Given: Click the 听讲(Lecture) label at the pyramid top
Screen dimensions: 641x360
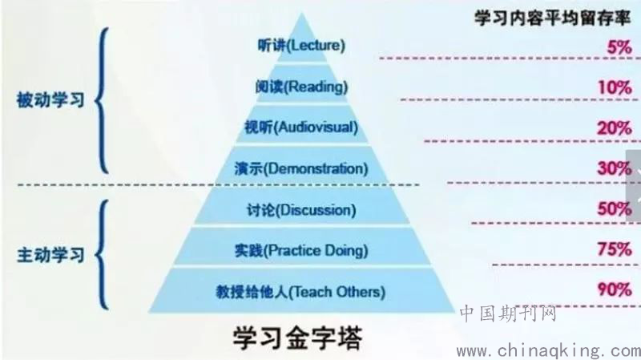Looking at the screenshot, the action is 301,46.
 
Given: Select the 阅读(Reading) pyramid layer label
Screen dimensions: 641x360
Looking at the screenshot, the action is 302,87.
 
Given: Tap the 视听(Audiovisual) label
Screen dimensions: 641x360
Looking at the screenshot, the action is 301,127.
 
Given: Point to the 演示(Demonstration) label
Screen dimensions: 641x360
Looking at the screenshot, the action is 301,168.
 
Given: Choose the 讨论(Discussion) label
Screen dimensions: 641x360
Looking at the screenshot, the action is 301,210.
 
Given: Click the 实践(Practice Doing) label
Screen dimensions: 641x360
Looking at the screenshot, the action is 301,250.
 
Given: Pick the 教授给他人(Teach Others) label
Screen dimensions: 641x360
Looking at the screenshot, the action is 300,292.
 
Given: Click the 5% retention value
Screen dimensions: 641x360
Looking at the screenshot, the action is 619,47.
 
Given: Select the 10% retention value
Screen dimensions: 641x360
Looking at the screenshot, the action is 615,87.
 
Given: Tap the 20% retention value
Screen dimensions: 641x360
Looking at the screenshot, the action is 615,128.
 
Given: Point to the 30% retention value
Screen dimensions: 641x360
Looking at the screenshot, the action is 615,168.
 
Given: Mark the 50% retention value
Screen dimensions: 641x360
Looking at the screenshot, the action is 615,209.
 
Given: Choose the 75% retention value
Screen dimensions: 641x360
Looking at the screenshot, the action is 615,249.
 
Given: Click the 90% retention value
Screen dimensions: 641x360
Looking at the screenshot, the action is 615,289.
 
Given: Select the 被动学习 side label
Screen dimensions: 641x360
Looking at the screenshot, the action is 50,100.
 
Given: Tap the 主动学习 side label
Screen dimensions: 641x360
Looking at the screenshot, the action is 50,255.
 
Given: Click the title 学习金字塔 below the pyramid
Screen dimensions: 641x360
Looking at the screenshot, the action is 298,338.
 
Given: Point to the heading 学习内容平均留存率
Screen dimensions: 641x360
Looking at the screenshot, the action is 552,18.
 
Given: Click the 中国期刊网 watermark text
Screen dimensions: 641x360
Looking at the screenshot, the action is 508,313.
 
